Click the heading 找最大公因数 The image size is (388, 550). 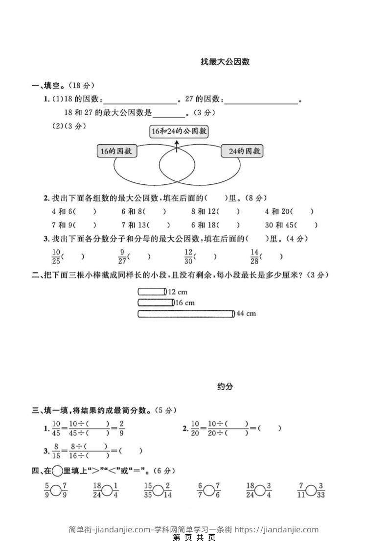[225, 62]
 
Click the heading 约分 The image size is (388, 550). [225, 386]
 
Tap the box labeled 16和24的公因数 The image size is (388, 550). [179, 131]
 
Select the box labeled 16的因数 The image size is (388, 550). [116, 151]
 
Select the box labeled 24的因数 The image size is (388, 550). [242, 151]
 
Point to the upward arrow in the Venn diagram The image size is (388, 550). [177, 145]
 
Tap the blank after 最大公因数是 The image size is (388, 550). [169, 114]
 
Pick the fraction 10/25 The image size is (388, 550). [55, 256]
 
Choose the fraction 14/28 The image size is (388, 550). [254, 256]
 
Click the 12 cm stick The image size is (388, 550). [152, 292]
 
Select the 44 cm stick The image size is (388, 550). [186, 314]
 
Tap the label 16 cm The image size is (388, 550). [185, 302]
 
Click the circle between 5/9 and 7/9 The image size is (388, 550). [56, 490]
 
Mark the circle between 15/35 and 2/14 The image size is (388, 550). [158, 490]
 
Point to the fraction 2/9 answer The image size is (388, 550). [121, 428]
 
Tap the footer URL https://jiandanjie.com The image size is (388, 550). [276, 529]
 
